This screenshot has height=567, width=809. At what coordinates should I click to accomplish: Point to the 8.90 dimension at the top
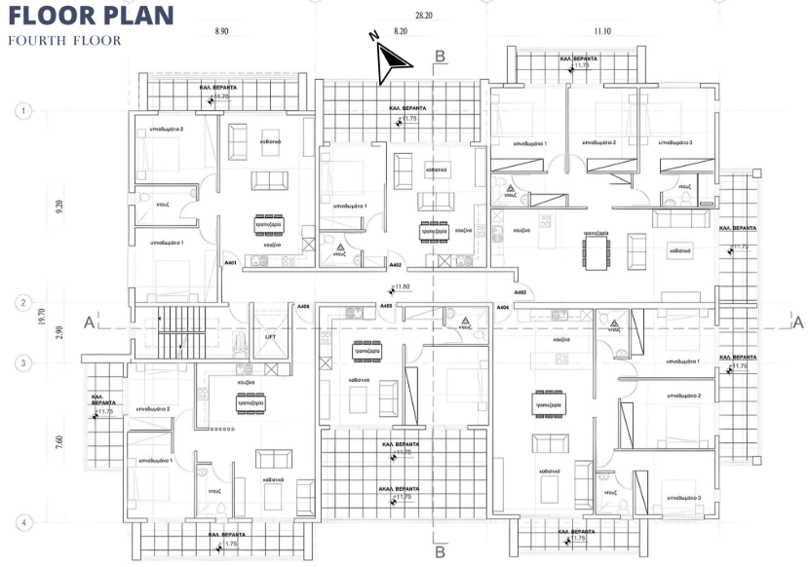pos(222,32)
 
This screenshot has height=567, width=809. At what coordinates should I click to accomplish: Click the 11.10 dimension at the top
pos(602,32)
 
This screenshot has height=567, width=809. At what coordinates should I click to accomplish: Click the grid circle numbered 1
pos(21,111)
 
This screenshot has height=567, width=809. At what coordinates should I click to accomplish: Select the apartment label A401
pos(231,263)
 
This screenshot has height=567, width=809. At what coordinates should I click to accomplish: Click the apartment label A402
pos(395,264)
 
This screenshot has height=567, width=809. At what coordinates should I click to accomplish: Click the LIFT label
pos(272,337)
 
